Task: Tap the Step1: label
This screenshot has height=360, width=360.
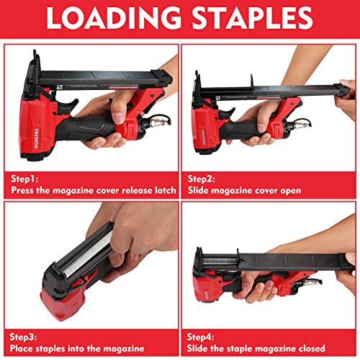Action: [x=27, y=176]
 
